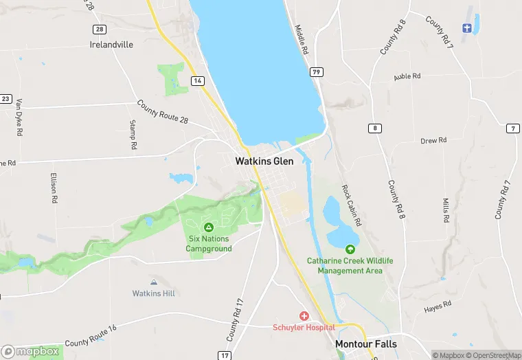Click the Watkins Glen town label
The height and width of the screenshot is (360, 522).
pos(264,161)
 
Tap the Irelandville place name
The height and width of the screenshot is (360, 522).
pos(111,45)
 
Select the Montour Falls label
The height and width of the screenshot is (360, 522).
pos(365,344)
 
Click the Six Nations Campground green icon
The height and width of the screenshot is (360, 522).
pos(209,227)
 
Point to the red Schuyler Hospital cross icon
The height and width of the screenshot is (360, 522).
pos(304,315)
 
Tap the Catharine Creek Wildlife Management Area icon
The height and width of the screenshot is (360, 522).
pos(350,249)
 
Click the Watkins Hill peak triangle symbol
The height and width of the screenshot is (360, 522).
pos(154,282)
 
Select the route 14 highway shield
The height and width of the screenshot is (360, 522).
pos(198,81)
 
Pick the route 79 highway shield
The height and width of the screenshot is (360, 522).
pos(317,72)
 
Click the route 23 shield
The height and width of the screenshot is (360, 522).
pos(5,98)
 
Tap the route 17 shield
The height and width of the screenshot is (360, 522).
pos(224,355)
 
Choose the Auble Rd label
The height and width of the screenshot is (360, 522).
pos(407,76)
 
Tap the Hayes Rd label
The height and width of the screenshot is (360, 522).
pos(438,304)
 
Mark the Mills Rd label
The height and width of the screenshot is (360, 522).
pos(446,211)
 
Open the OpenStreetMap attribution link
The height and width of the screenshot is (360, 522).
pos(493,355)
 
